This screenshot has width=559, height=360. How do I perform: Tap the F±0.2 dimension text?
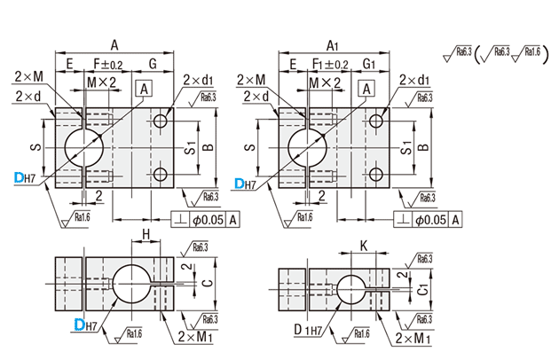click(x=108, y=64)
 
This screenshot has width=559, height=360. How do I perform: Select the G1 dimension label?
click(x=369, y=64)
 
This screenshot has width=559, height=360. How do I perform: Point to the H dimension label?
click(x=146, y=232)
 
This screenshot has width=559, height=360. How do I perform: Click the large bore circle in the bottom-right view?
click(x=352, y=287)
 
